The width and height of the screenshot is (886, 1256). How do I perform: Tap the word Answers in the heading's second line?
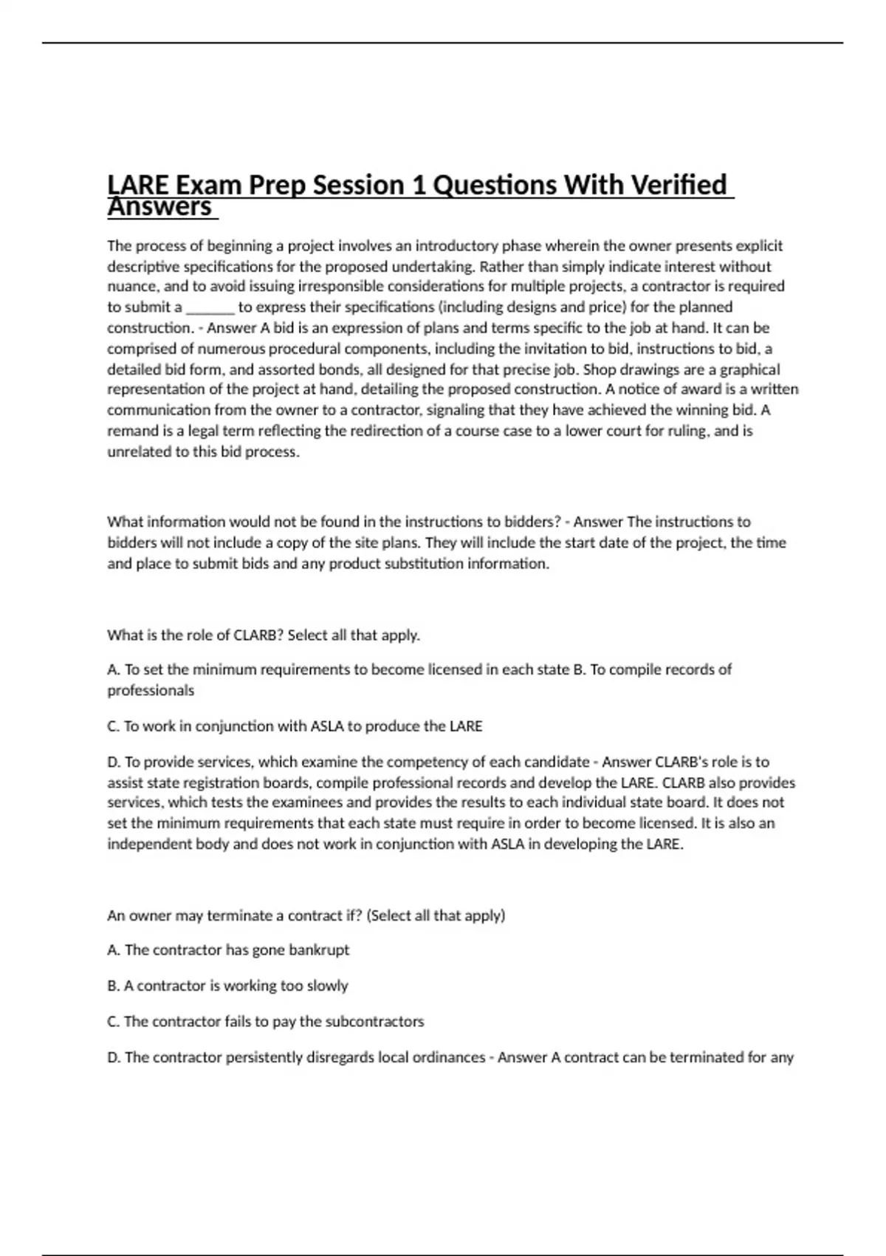159,208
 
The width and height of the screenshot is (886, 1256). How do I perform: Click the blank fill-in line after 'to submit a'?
210,307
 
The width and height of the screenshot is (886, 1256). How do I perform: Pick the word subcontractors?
374,1022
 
